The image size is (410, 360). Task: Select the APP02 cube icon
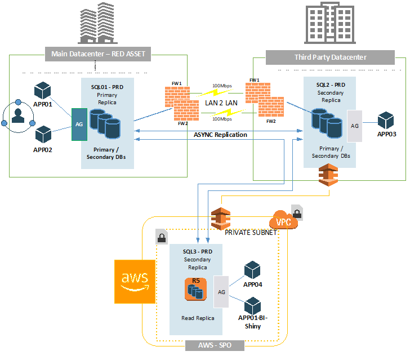tap(43, 135)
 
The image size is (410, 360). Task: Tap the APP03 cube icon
tap(386, 121)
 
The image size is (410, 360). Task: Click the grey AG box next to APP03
tap(355, 126)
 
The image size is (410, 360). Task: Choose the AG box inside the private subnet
tap(221, 292)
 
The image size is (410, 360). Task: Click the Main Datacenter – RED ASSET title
tap(98, 54)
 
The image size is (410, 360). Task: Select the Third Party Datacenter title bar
tap(330, 57)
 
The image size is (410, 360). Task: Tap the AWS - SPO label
tap(215, 344)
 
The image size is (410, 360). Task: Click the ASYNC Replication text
tap(220, 135)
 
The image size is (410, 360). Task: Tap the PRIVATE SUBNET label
tap(251, 232)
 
